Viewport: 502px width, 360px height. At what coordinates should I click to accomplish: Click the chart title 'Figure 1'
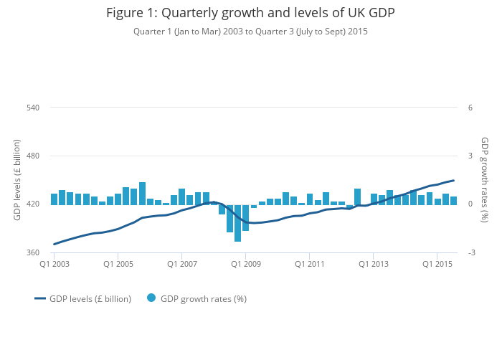coord(250,13)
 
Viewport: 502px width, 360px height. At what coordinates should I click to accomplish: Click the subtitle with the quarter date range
coord(250,32)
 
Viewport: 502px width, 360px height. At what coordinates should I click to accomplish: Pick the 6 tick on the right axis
coord(470,108)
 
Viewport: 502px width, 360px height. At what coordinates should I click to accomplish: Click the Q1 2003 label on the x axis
coord(54,265)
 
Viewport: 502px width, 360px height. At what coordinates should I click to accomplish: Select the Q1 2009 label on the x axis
coord(245,265)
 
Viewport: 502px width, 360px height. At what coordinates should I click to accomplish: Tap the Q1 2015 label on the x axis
coord(437,265)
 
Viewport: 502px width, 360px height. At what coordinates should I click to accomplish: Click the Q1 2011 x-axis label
coord(309,265)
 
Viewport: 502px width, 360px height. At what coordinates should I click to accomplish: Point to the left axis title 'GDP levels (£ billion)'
coord(17,180)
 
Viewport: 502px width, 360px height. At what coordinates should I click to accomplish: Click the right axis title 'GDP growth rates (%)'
coord(484,180)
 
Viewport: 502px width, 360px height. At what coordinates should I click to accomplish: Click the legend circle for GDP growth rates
coord(151,298)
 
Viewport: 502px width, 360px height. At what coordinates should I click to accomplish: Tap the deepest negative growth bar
coord(237,223)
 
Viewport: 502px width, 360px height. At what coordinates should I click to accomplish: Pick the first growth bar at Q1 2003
coord(54,199)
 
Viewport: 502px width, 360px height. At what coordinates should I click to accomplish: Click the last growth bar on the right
coord(453,201)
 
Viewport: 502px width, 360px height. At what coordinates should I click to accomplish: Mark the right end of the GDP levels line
coord(453,180)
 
